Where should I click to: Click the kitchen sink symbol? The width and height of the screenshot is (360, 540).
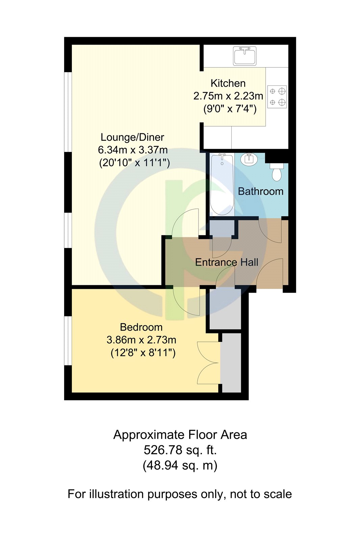[x=245, y=56]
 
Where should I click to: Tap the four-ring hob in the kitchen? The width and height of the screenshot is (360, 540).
[x=277, y=97]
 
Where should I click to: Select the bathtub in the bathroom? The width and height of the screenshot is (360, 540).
[x=222, y=184]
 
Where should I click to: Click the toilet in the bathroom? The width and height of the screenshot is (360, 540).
[x=277, y=172]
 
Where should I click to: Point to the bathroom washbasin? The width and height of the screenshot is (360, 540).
[x=249, y=159]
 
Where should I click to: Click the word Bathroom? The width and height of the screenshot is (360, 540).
[x=260, y=191]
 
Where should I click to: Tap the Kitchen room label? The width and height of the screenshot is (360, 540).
[x=228, y=83]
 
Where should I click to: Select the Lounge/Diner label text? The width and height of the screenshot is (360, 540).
[x=132, y=137]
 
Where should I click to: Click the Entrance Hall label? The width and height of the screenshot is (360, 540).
[x=227, y=262]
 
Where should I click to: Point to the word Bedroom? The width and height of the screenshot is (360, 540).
[x=141, y=327]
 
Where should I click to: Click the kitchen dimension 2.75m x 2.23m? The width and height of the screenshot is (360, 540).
[x=228, y=96]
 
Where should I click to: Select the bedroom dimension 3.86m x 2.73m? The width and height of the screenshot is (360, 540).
[x=141, y=340]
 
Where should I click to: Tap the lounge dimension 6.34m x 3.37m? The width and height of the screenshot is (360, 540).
[x=133, y=150]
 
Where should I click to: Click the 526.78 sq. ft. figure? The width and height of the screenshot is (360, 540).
[x=180, y=450]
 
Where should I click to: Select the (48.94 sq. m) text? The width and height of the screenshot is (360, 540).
[x=180, y=465]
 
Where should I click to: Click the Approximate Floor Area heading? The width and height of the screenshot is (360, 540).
[x=180, y=435]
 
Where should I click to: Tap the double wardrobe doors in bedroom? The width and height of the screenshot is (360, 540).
[x=208, y=363]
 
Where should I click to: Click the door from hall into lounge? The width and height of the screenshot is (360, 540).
[x=185, y=223]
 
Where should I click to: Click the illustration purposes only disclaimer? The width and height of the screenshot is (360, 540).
[x=180, y=494]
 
